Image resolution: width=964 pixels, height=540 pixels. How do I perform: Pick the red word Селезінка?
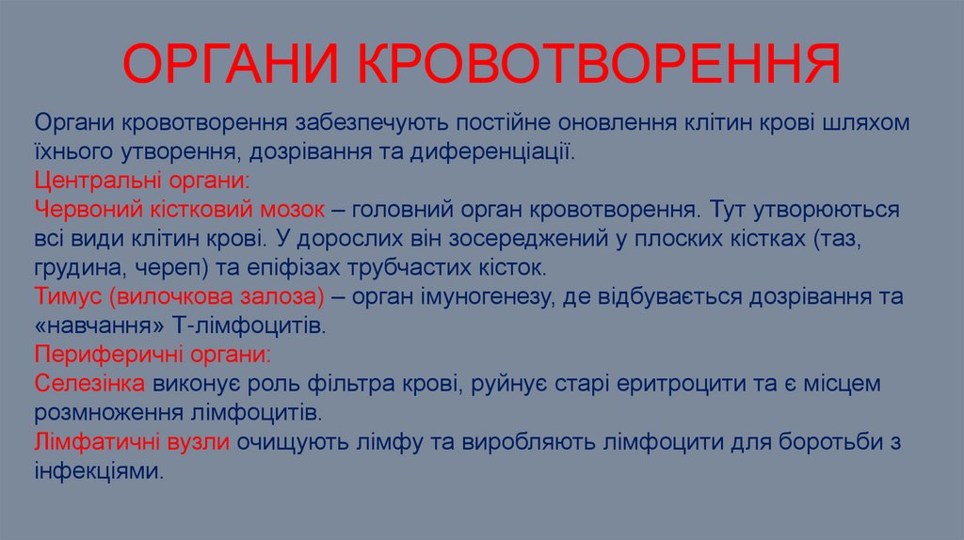[x=89, y=383]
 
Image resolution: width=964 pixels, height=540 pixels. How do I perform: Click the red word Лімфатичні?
[x=94, y=441]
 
